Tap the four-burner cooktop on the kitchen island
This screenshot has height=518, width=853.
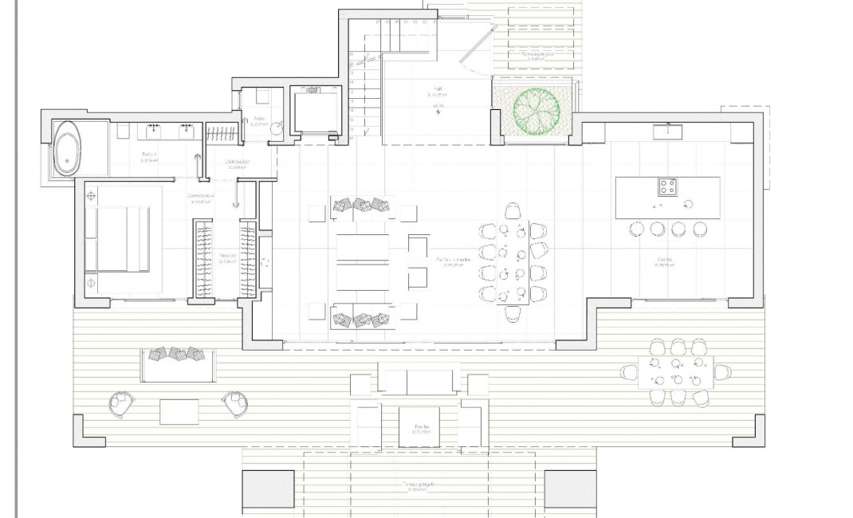[668, 187]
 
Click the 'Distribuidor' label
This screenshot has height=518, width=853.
[238, 162]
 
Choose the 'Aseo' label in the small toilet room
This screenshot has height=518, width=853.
[259, 118]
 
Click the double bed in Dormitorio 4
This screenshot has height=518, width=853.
[120, 237]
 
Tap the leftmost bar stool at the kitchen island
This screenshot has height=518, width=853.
[636, 230]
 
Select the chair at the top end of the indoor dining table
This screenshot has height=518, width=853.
[513, 210]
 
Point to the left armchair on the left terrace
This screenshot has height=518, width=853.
[121, 404]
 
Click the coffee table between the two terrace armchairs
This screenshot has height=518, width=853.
[179, 411]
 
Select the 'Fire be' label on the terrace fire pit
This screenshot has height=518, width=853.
[421, 428]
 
